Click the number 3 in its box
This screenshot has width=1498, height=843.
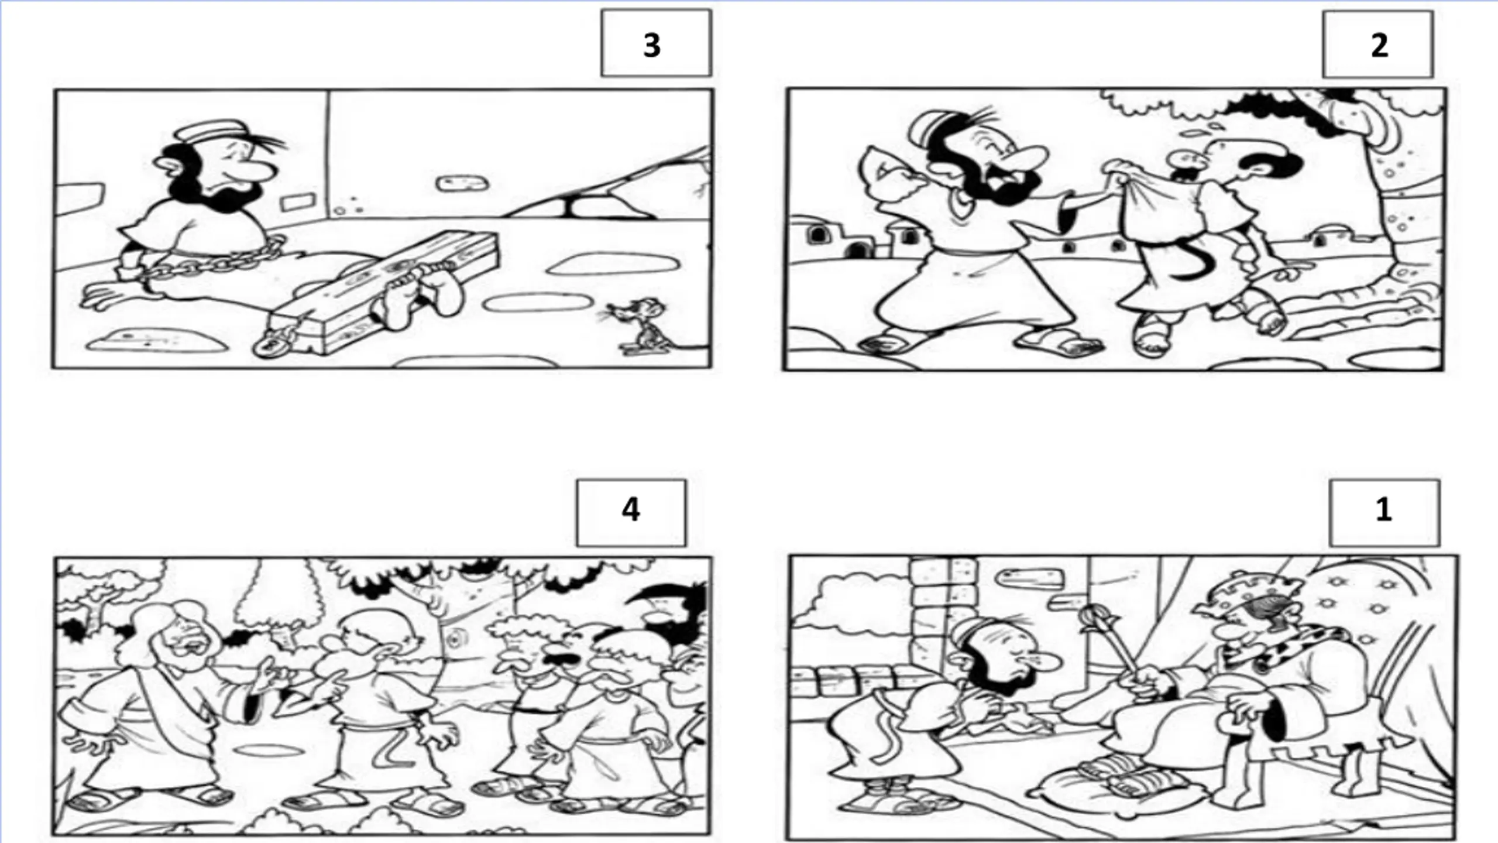(x=652, y=45)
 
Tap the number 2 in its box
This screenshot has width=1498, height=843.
(x=1379, y=45)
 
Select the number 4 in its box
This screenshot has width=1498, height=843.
(x=630, y=510)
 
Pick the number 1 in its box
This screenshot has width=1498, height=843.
(x=1383, y=510)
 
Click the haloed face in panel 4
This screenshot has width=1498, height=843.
(x=176, y=638)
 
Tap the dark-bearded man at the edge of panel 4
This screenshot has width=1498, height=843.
(x=679, y=621)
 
